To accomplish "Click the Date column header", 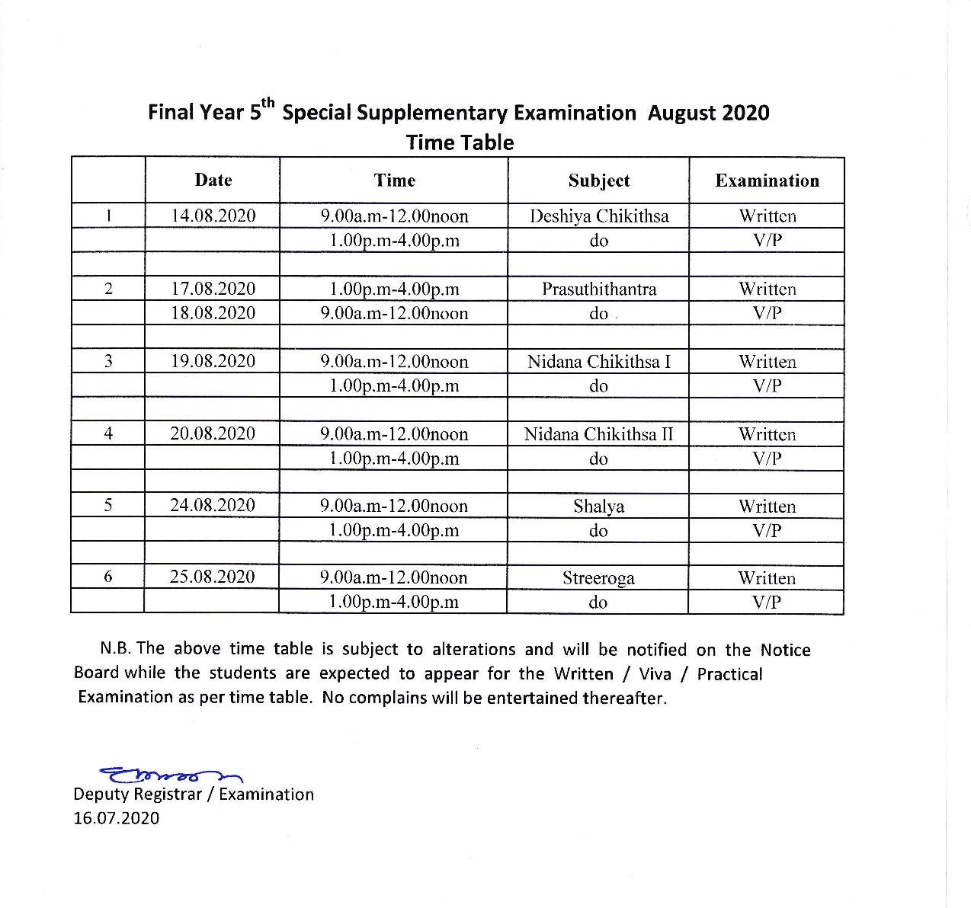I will pyautogui.click(x=213, y=181).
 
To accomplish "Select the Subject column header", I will pyautogui.click(x=598, y=181).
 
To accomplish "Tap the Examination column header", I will pyautogui.click(x=767, y=181).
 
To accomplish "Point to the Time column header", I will pyautogui.click(x=394, y=181).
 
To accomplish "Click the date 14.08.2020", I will pyautogui.click(x=213, y=216).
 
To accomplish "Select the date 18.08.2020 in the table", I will pyautogui.click(x=213, y=313).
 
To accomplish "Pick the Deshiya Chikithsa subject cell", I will pyautogui.click(x=598, y=216).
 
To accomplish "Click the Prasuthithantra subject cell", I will pyautogui.click(x=598, y=289).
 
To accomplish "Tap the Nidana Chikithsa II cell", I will pyautogui.click(x=598, y=434).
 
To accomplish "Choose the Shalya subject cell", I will pyautogui.click(x=598, y=507).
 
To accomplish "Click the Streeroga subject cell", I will pyautogui.click(x=598, y=578).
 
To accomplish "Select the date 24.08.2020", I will pyautogui.click(x=213, y=505).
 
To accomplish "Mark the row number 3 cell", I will pyautogui.click(x=108, y=361).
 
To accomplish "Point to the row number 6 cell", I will pyautogui.click(x=108, y=577).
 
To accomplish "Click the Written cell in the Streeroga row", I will pyautogui.click(x=766, y=578).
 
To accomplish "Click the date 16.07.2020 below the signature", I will pyautogui.click(x=117, y=818).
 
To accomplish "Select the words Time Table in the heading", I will pyautogui.click(x=460, y=142).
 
